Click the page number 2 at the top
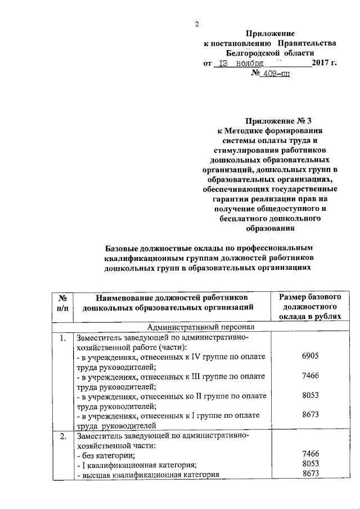(x=197, y=24)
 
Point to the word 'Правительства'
(x=306, y=43)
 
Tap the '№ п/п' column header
(x=62, y=301)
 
